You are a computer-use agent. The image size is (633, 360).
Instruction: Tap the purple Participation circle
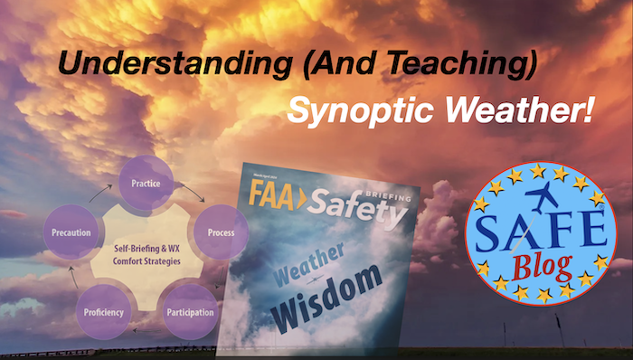(189, 312)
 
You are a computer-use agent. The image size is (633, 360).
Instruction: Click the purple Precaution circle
(70, 232)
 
